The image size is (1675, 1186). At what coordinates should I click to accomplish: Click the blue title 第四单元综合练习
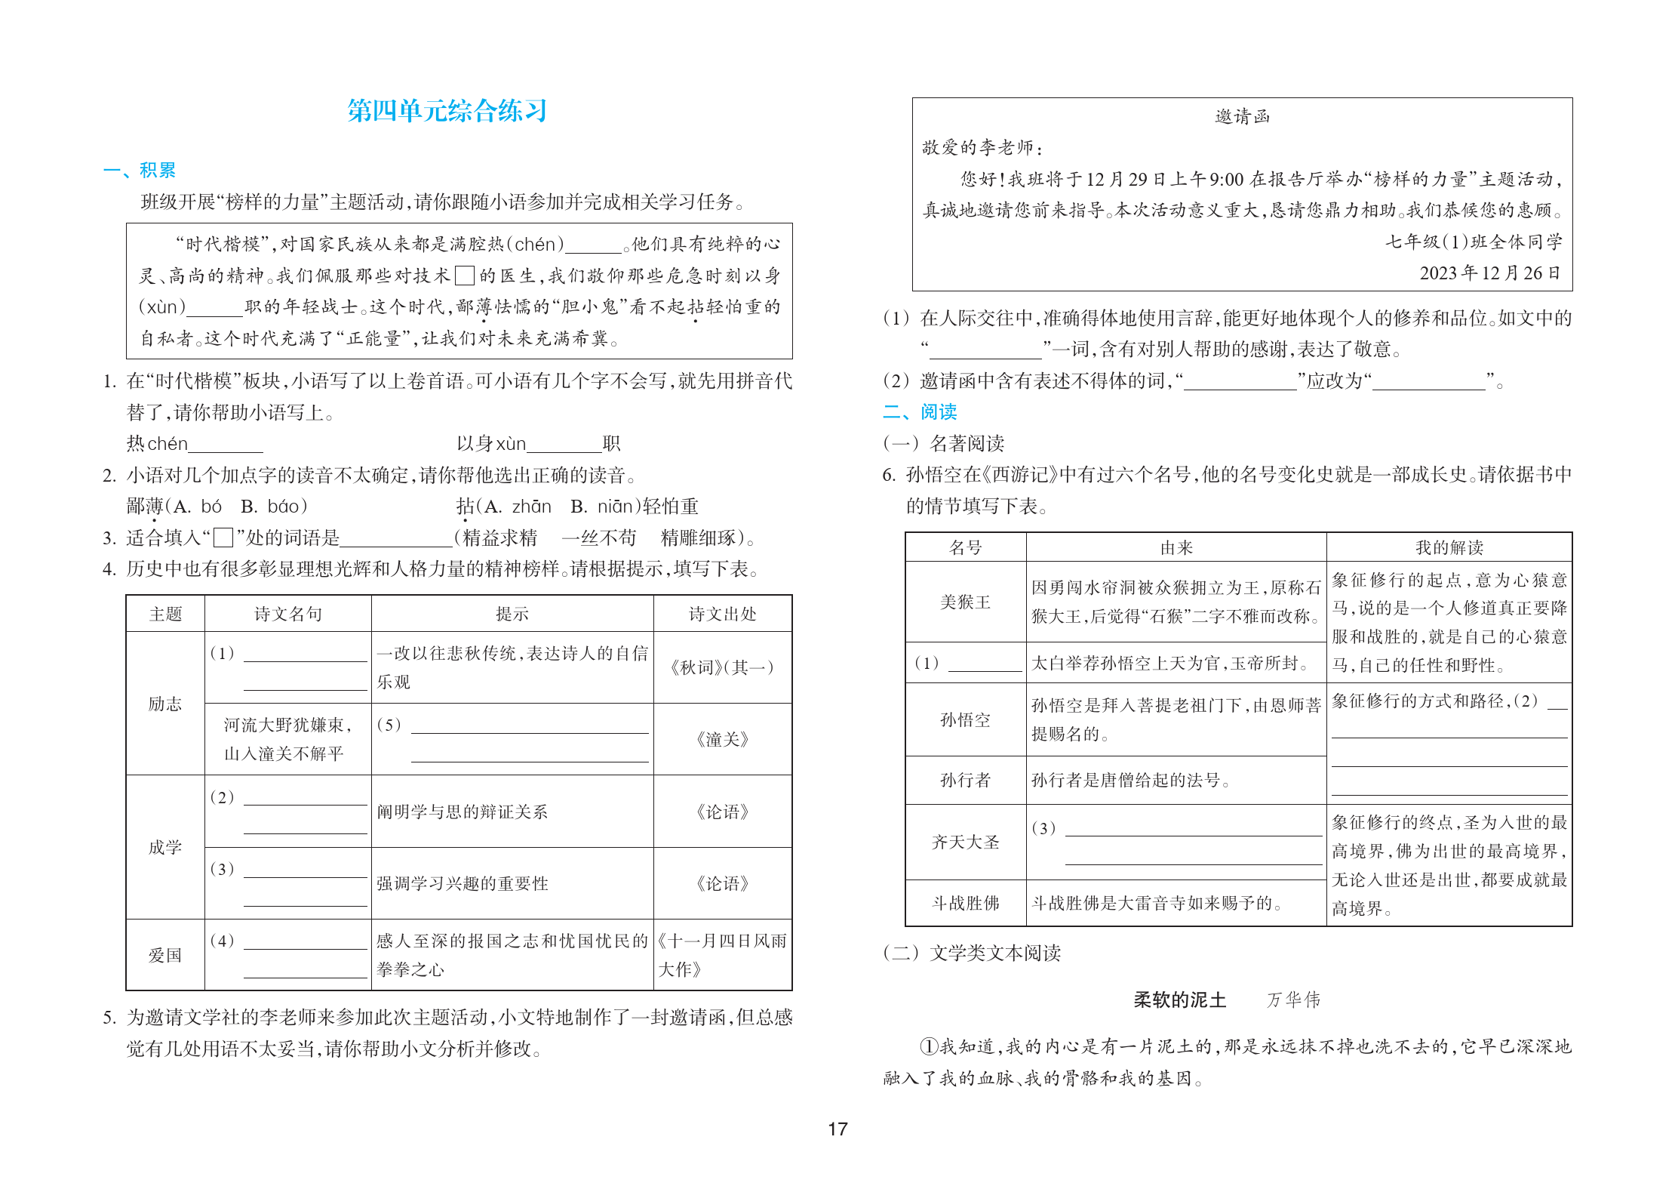[x=447, y=111]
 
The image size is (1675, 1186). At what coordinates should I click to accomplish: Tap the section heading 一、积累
[x=140, y=171]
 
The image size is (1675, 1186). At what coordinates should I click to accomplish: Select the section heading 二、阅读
[x=920, y=411]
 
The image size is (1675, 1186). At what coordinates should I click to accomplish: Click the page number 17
[x=837, y=1129]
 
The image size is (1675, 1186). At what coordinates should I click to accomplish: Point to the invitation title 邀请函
[x=1242, y=116]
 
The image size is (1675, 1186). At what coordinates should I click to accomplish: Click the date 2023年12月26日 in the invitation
[x=1489, y=273]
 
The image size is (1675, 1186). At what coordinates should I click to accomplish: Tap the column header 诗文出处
[x=722, y=614]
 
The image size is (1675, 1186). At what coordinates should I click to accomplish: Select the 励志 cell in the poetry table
[x=164, y=704]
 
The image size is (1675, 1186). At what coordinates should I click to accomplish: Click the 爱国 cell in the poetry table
[x=164, y=955]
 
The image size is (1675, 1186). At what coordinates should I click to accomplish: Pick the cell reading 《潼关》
[x=722, y=739]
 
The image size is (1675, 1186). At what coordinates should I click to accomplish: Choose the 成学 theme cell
[x=164, y=847]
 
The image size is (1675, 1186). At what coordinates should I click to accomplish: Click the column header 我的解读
[x=1449, y=547]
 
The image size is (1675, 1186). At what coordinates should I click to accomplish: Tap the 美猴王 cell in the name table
[x=965, y=602]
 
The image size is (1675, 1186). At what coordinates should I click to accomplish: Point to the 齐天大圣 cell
[x=965, y=842]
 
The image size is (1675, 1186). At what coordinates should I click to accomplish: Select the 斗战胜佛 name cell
[x=965, y=903]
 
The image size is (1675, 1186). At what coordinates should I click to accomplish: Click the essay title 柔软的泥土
[x=1179, y=1000]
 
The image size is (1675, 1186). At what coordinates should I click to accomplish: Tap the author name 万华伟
[x=1293, y=1000]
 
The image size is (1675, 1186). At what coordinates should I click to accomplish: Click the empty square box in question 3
[x=223, y=538]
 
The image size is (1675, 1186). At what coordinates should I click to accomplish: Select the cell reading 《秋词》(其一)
[x=722, y=667]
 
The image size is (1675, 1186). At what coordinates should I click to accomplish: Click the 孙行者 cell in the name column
[x=965, y=780]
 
